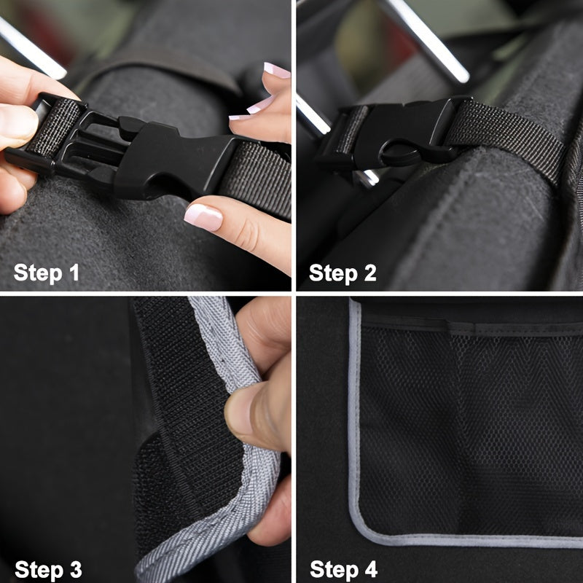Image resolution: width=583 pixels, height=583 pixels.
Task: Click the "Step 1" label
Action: pyautogui.click(x=47, y=273)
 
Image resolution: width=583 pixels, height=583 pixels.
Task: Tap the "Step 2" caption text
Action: pyautogui.click(x=343, y=273)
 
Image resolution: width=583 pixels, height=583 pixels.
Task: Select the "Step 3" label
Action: pyautogui.click(x=48, y=568)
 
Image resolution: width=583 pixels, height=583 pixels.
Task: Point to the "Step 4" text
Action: pyautogui.click(x=344, y=568)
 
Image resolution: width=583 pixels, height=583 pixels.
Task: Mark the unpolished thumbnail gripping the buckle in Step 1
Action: pyautogui.click(x=16, y=122)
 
